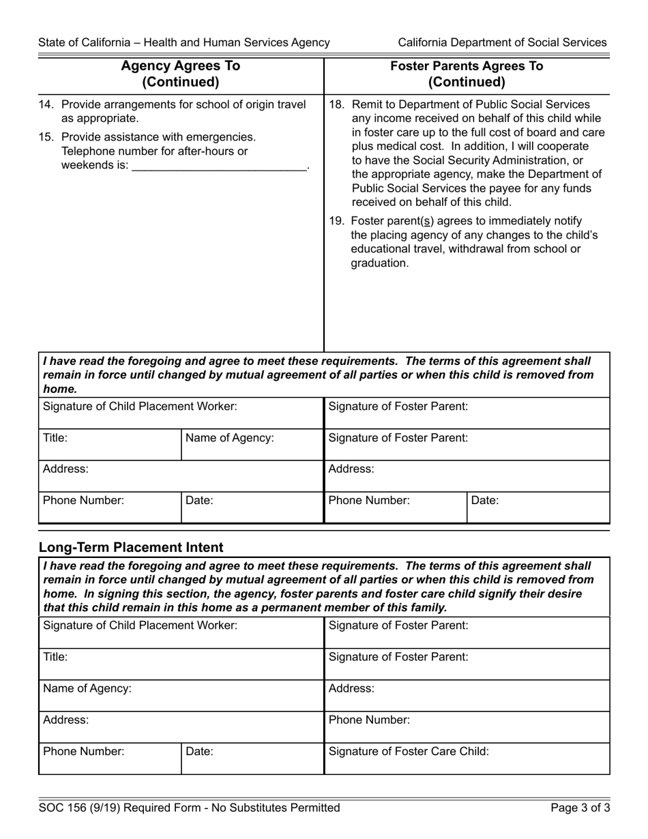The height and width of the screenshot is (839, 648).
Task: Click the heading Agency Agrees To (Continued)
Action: click(x=181, y=74)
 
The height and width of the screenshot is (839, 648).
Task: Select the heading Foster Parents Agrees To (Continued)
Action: click(x=467, y=74)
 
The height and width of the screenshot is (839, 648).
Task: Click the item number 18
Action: click(x=336, y=105)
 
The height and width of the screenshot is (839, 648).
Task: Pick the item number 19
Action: click(x=336, y=220)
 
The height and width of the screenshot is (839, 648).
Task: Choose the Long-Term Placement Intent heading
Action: click(x=131, y=547)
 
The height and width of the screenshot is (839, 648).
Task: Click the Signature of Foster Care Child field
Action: click(x=467, y=759)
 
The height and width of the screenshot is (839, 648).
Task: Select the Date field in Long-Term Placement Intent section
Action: click(x=252, y=759)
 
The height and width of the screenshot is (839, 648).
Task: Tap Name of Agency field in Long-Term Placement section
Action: click(x=181, y=695)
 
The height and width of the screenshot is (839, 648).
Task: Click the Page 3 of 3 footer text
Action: click(x=580, y=808)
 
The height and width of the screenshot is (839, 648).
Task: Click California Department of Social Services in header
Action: click(x=502, y=42)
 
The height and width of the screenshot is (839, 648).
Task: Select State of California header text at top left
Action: click(x=184, y=42)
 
